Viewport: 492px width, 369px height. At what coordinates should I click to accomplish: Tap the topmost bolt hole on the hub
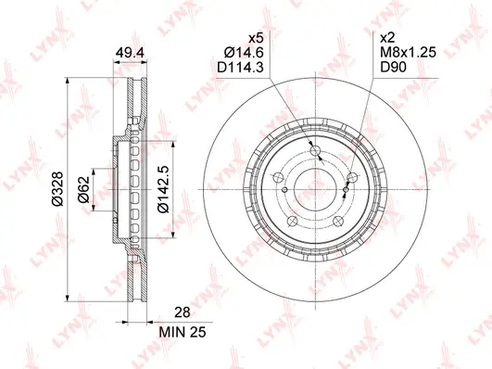pos(314,151)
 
